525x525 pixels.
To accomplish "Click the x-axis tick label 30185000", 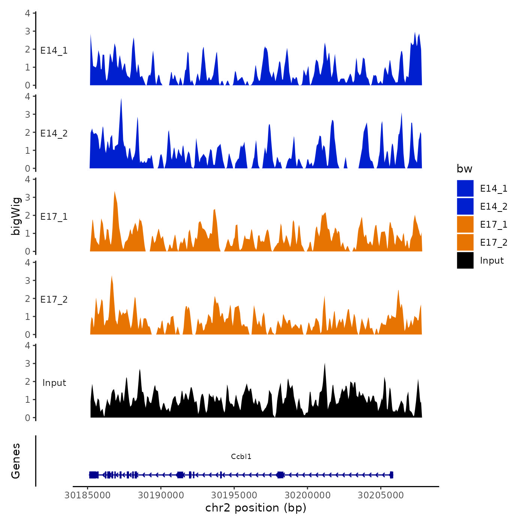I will [x=87, y=495].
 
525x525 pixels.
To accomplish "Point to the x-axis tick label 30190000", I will [x=161, y=495].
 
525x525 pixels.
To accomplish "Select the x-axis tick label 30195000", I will [x=234, y=495].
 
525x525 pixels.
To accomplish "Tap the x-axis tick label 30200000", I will [x=307, y=495].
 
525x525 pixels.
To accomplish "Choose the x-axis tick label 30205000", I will [x=381, y=495].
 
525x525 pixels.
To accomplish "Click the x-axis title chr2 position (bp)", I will [x=256, y=508].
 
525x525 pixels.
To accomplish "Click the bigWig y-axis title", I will [x=16, y=216].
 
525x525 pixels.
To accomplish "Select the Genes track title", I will [x=16, y=461].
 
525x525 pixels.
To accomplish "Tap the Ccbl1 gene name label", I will [x=241, y=456].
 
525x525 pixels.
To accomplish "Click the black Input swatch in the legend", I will [x=465, y=260].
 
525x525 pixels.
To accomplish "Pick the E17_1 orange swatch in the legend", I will [x=465, y=224].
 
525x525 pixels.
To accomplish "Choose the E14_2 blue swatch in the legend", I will [x=465, y=206].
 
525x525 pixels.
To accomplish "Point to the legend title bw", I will [x=464, y=169].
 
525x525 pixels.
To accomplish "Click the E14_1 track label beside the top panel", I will [x=54, y=50].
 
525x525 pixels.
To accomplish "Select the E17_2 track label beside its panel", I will [x=54, y=299].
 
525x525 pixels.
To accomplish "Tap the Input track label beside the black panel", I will [x=54, y=382].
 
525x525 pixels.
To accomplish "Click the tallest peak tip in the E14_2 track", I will [x=121, y=99].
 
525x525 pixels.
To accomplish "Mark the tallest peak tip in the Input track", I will [x=325, y=363].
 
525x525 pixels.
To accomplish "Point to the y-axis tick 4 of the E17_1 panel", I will [x=28, y=179].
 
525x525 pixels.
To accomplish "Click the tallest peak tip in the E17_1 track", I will [x=115, y=192].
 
